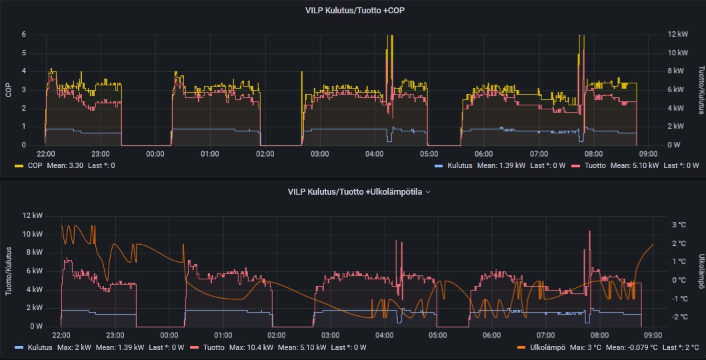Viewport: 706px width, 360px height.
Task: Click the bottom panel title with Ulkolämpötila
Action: [x=355, y=191]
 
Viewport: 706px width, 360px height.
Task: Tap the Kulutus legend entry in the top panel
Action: [x=459, y=165]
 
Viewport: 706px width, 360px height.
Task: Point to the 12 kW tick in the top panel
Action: [x=679, y=35]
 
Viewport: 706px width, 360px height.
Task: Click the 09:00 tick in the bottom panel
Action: [x=653, y=335]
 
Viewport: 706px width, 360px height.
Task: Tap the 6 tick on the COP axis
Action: [x=24, y=35]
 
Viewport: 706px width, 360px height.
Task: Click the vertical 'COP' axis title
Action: [x=9, y=89]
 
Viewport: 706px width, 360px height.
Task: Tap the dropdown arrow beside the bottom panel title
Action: [x=428, y=192]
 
